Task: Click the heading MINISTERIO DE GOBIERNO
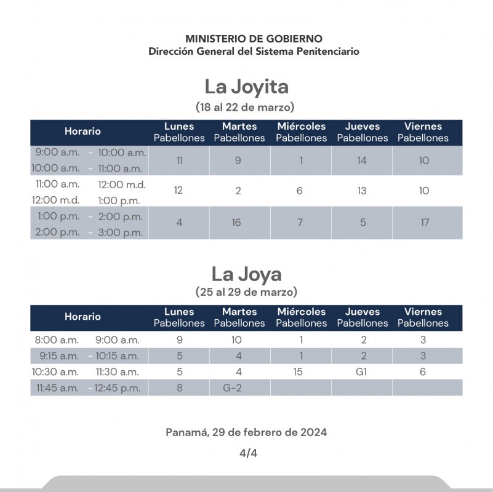[x=254, y=39]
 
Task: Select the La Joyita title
[x=246, y=86]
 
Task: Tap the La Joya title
[x=246, y=273]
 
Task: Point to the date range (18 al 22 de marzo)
[x=246, y=107]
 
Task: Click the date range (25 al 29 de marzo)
[x=246, y=292]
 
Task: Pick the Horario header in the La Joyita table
[x=82, y=132]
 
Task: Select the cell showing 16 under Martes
[x=236, y=223]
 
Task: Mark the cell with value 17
[x=425, y=223]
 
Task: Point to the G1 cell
[x=361, y=372]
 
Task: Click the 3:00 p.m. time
[x=120, y=232]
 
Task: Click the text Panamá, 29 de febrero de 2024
[x=246, y=432]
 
